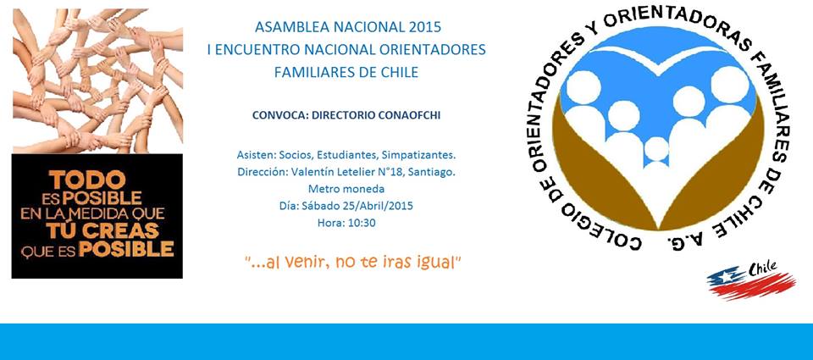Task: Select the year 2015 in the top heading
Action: [x=424, y=26]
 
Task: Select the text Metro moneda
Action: [x=346, y=189]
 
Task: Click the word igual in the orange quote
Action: [x=438, y=263]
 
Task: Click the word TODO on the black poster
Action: [x=87, y=180]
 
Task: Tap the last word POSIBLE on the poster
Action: [x=126, y=249]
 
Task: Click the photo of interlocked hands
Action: [x=97, y=81]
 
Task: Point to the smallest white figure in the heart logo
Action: [x=656, y=149]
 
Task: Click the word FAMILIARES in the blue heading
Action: [x=309, y=72]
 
